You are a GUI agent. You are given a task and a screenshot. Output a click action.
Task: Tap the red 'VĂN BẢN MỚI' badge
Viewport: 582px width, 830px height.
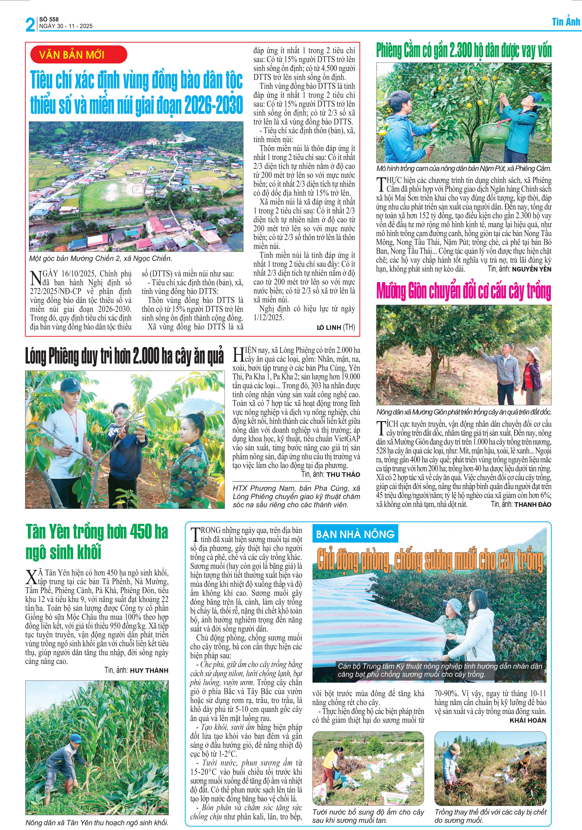coord(79,55)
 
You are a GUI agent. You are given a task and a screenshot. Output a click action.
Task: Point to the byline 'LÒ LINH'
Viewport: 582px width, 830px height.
coord(329,328)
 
